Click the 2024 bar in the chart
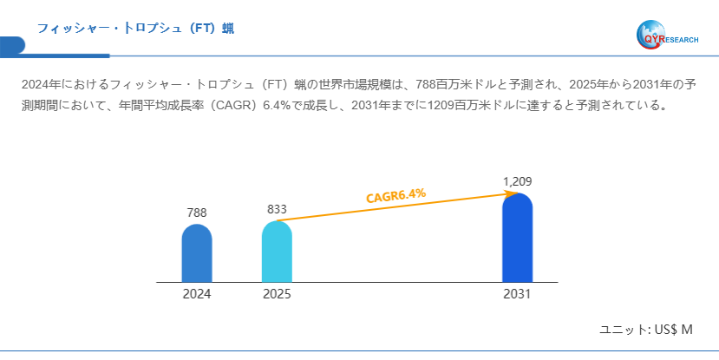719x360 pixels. [x=197, y=253]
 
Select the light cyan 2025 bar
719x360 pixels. [x=277, y=252]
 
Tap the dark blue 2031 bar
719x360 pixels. [x=517, y=238]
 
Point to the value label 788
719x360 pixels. [x=197, y=213]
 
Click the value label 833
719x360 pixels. [x=277, y=209]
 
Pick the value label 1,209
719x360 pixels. [x=517, y=181]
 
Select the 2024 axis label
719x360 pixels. [x=197, y=294]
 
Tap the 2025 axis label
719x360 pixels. [x=277, y=294]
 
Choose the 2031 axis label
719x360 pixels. [x=517, y=294]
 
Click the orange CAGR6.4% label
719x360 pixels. [x=395, y=195]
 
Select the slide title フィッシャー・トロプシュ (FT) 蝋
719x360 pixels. [x=135, y=29]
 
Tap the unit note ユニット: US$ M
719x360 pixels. [x=646, y=330]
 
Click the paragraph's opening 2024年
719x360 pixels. [x=38, y=85]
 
